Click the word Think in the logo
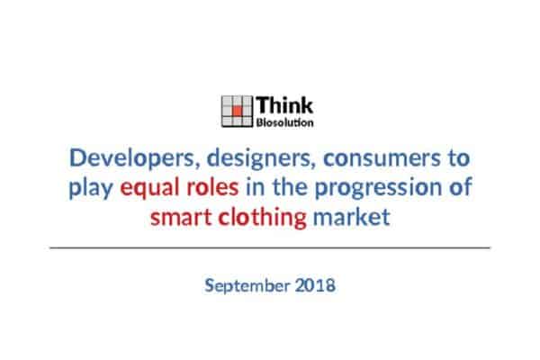click(284, 105)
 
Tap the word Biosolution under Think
click(284, 122)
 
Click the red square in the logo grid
click(237, 111)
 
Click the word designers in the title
click(261, 158)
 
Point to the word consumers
click(382, 157)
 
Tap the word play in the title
click(91, 188)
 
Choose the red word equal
click(149, 188)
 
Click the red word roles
click(212, 186)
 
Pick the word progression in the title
click(378, 188)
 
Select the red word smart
click(181, 218)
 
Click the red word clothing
click(263, 218)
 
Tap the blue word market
click(352, 217)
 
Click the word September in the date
click(247, 286)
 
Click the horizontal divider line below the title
click(270, 247)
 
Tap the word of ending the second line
click(460, 186)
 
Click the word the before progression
click(291, 186)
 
